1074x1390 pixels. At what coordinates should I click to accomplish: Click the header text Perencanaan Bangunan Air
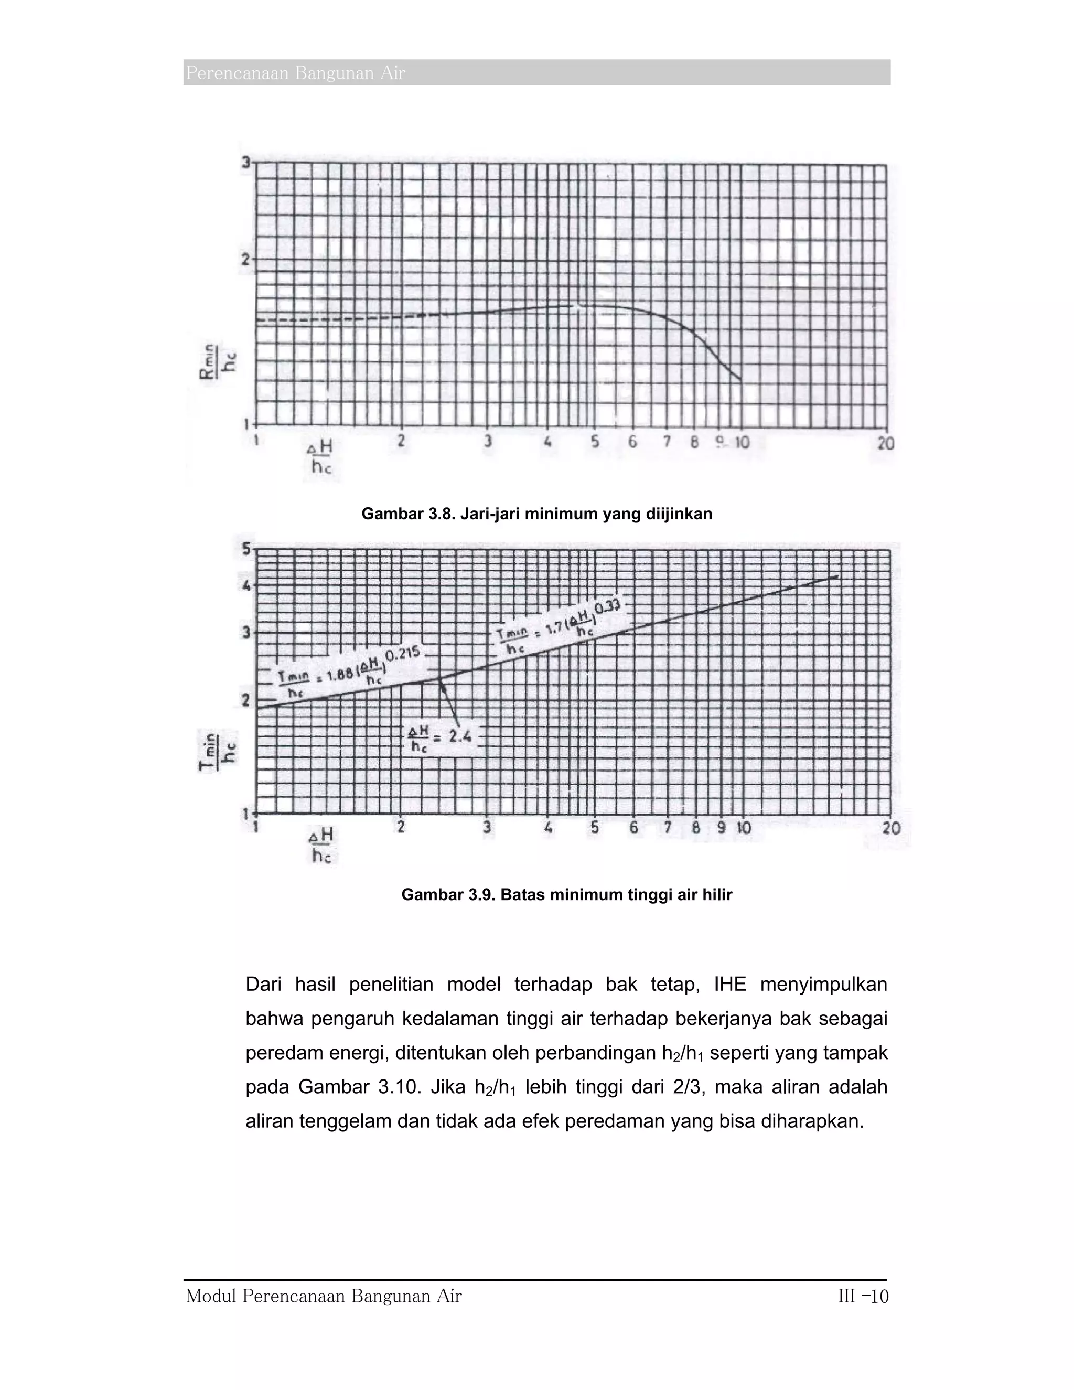pos(295,74)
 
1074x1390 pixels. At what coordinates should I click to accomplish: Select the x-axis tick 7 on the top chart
pos(667,441)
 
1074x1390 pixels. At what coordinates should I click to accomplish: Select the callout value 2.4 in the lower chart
pos(459,736)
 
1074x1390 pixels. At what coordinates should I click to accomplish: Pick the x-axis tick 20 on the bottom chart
pos(892,828)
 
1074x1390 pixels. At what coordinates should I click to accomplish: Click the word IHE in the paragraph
pos(730,985)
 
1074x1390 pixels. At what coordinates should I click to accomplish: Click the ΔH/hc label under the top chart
pos(320,456)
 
